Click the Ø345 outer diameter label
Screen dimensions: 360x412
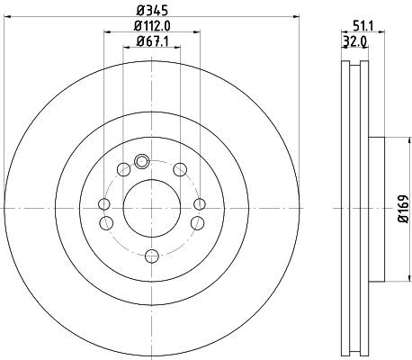[x=150, y=12]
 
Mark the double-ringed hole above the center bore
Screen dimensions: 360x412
[x=141, y=162]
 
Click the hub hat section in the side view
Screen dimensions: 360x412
[x=378, y=207]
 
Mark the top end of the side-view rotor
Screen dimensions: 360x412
[x=355, y=64]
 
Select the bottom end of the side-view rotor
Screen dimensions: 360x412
[x=355, y=352]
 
